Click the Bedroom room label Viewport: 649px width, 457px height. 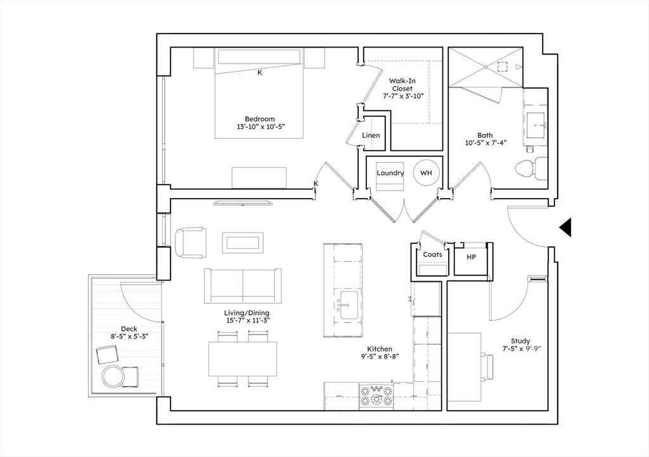coord(259,119)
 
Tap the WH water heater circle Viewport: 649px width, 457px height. coord(426,173)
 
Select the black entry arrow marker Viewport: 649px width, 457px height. coord(565,227)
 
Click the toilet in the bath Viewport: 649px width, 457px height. coord(532,168)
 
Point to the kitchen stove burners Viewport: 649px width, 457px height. coord(376,396)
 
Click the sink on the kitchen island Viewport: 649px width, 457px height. coord(349,306)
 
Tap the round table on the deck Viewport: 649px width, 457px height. coord(113,376)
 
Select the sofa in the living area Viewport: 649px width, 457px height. coord(243,286)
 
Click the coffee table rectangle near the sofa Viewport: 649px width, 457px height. coord(243,242)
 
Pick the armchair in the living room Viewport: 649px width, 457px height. coord(190,242)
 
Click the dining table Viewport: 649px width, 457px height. coord(243,359)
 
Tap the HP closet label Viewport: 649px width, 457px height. coord(471,257)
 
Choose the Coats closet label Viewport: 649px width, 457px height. coord(432,255)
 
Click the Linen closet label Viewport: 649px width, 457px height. coord(371,136)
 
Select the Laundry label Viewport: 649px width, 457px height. coord(390,173)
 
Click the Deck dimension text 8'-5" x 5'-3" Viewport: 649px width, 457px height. coord(129,337)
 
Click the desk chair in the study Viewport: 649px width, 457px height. coord(489,366)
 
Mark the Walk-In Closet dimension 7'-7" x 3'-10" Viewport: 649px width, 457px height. coord(403,96)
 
